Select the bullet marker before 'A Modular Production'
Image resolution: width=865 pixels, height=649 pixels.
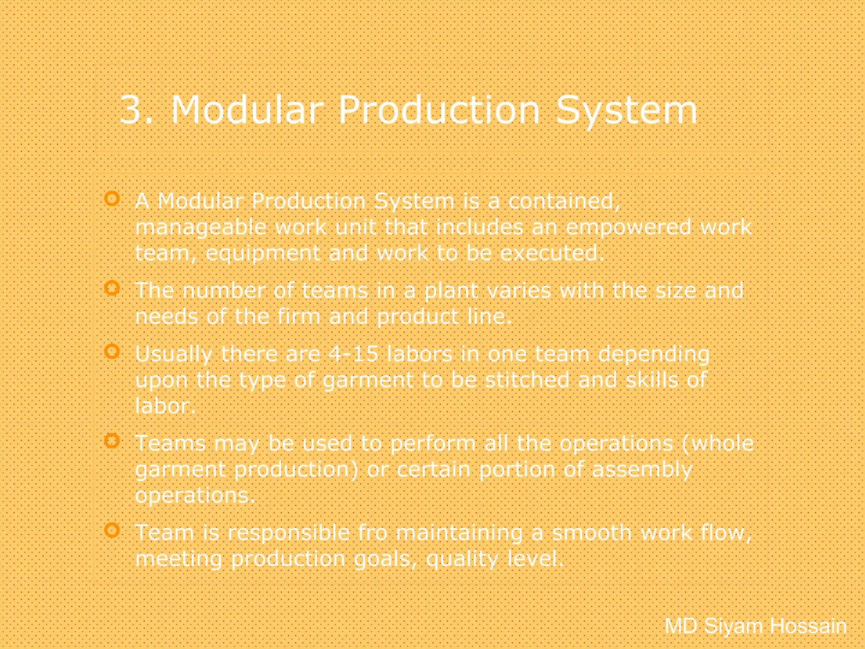[x=112, y=198]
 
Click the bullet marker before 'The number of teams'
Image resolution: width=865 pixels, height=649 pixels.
[x=112, y=288]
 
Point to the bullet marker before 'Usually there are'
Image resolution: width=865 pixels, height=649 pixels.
[x=112, y=351]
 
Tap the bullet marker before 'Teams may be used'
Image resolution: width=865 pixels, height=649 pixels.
[x=112, y=441]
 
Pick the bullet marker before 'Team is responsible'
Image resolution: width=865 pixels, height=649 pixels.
[x=112, y=530]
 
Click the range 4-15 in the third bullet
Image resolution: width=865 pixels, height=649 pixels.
[x=353, y=354]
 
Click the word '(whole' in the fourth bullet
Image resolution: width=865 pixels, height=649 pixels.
[x=718, y=444]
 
